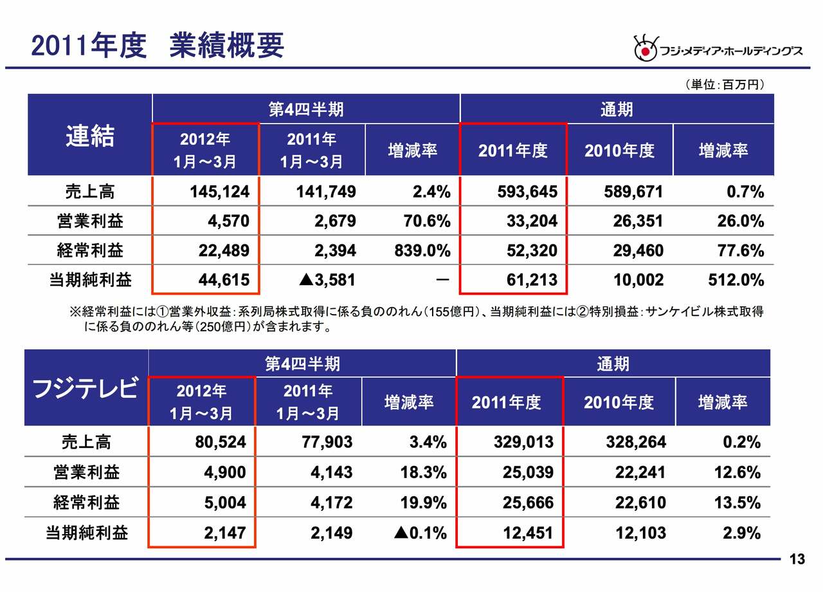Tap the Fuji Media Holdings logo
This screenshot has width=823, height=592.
pyautogui.click(x=718, y=50)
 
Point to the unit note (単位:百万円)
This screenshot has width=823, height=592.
pyautogui.click(x=724, y=85)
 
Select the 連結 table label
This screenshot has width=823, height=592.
pyautogui.click(x=90, y=136)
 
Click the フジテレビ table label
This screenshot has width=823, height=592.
pyautogui.click(x=85, y=389)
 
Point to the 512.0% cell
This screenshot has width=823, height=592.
pyautogui.click(x=737, y=281)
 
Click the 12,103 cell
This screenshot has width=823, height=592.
pyautogui.click(x=640, y=533)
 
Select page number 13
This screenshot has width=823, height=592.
pyautogui.click(x=797, y=560)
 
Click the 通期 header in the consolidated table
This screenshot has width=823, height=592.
pyautogui.click(x=616, y=109)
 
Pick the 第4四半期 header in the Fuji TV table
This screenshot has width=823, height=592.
pyautogui.click(x=302, y=364)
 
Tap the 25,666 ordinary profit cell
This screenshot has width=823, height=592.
pyautogui.click(x=528, y=503)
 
